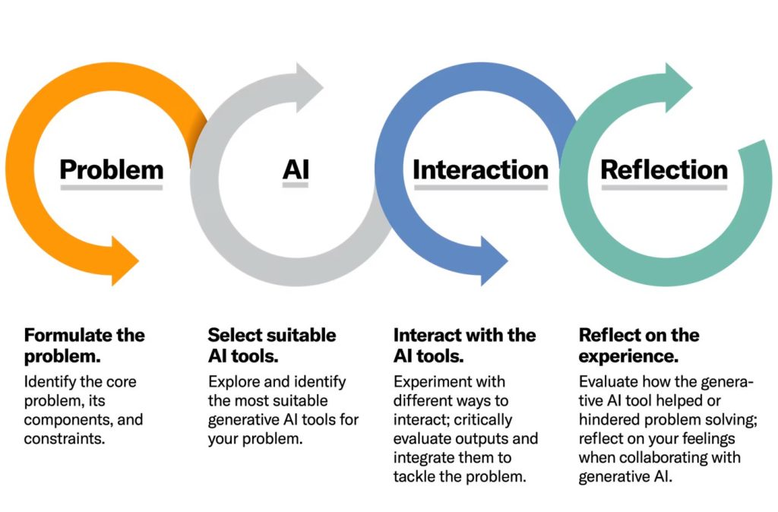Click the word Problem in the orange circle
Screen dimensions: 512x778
111,169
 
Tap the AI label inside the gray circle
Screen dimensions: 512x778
296,169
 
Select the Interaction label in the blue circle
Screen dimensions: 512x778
480,169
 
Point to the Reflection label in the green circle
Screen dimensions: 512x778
664,169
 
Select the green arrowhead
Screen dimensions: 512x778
678,77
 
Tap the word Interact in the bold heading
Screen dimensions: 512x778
426,335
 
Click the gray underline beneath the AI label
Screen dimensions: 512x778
296,187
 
